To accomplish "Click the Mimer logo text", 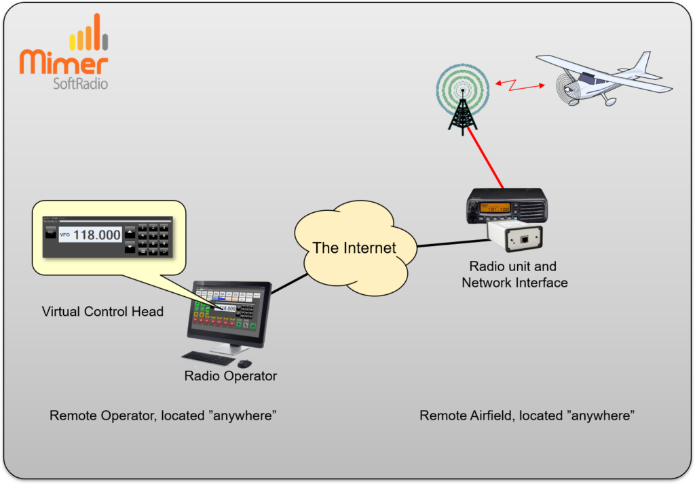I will coord(64,62).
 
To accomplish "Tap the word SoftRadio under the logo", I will coord(80,84).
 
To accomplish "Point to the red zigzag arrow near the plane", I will coord(519,85).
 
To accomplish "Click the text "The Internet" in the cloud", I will coord(354,247).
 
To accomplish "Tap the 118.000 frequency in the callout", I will coord(96,235).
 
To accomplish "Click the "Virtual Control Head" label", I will coord(102,312).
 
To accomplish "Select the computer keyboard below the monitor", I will coord(208,357).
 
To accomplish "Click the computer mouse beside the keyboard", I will coord(244,363).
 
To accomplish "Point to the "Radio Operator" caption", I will coord(231,376).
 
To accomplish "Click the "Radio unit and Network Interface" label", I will coord(514,274).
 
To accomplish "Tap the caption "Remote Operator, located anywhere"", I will coord(163,416).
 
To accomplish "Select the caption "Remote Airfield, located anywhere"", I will coord(527,416).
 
